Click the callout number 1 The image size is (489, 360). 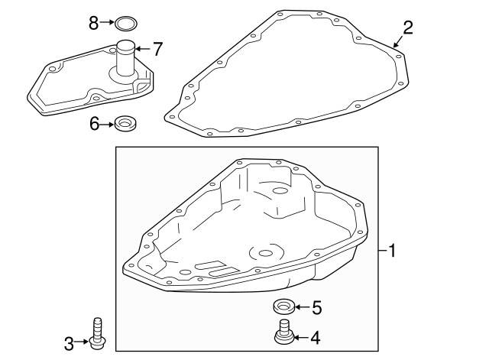click(392, 250)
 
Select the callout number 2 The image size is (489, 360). click(408, 28)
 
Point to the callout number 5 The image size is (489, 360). click(316, 308)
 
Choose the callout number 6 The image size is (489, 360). click(95, 122)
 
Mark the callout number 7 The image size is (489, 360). click(157, 49)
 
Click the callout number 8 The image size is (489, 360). click(94, 23)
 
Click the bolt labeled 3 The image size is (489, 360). click(96, 335)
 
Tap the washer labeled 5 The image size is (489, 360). click(283, 308)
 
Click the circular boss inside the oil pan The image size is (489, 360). click(264, 251)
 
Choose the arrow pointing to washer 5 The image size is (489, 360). click(300, 308)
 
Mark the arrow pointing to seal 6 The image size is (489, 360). click(108, 122)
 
